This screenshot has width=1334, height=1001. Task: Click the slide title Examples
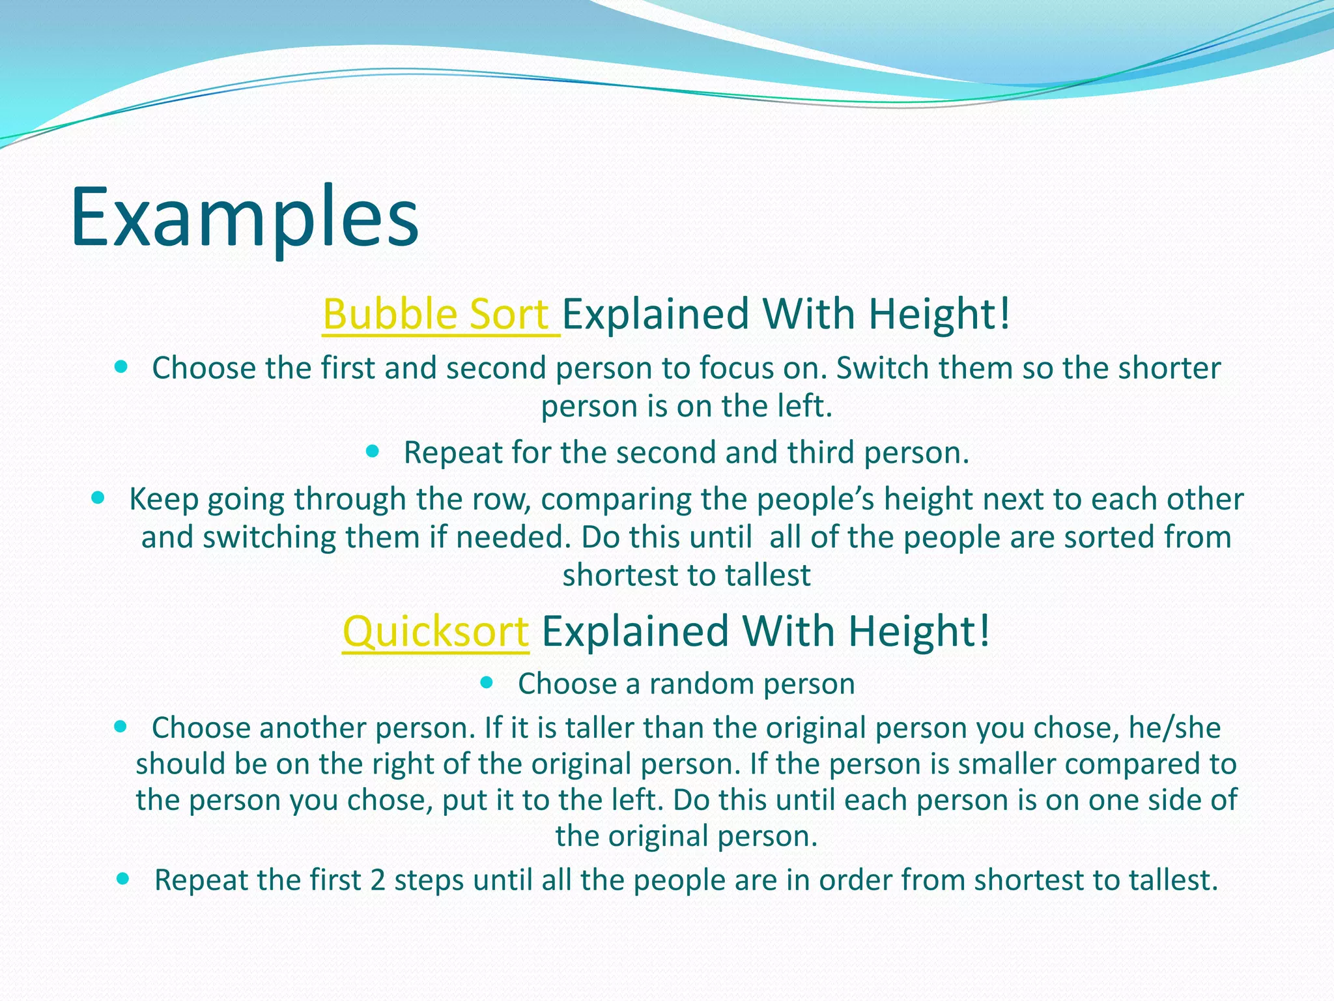[x=244, y=218]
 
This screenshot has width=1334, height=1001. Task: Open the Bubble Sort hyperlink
[x=440, y=315]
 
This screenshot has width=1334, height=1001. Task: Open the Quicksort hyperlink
[x=436, y=632]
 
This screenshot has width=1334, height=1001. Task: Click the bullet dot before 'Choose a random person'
[x=487, y=682]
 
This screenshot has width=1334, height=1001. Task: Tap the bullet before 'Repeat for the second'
[x=373, y=451]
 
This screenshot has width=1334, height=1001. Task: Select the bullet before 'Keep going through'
[x=98, y=498]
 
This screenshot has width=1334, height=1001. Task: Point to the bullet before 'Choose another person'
[x=121, y=726]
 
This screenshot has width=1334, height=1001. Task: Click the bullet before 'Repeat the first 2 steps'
[x=122, y=878]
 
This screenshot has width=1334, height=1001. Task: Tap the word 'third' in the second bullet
[x=821, y=453]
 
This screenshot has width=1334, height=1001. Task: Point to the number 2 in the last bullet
[x=378, y=880]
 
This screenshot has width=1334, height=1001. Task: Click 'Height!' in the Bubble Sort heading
[x=940, y=315]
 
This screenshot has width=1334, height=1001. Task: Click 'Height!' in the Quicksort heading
[x=919, y=632]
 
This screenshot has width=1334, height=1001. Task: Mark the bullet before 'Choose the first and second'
[x=121, y=367]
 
